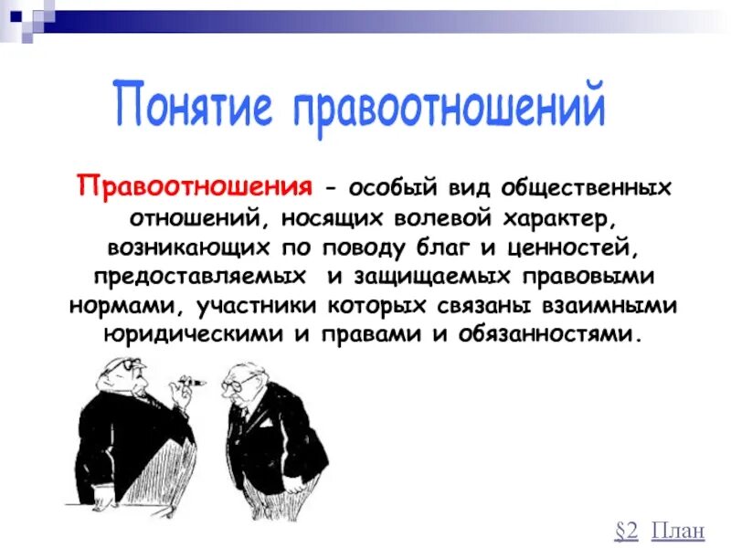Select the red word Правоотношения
(194, 187)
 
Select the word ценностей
(562, 248)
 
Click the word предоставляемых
(187, 276)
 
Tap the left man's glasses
(127, 366)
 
